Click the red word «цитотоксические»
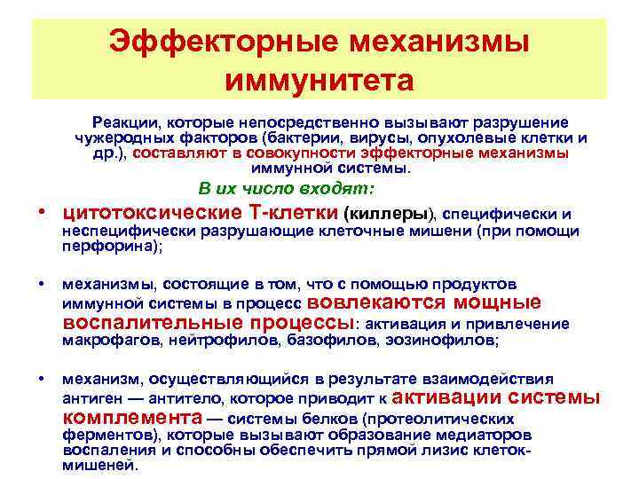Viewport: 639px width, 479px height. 141,214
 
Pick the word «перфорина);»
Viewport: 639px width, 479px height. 112,248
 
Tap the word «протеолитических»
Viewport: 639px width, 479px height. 453,418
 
